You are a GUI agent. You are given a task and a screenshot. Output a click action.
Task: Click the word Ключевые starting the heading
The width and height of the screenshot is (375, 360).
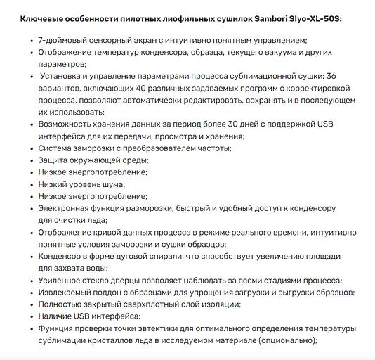point(44,16)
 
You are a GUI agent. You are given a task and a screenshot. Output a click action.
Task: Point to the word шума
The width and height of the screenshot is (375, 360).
point(112,184)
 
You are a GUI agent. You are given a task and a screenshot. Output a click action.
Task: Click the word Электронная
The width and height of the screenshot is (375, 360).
point(67,208)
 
